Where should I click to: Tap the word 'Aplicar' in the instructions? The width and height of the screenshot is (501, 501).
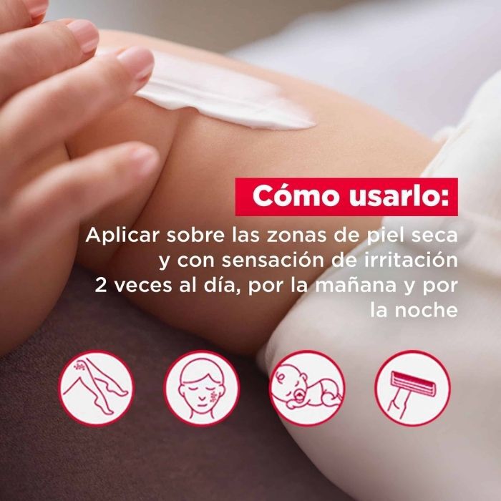pyautogui.click(x=115, y=235)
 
